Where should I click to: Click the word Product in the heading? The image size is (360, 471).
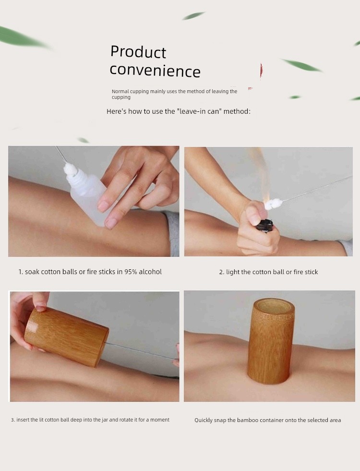138,52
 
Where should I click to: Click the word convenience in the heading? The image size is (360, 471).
155,71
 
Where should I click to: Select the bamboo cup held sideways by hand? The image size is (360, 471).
66,336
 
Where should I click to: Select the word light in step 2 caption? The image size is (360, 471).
233,272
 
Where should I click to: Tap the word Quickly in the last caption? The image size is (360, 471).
204,420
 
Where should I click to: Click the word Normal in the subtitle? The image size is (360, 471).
120,91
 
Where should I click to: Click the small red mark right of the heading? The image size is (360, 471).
262,72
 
